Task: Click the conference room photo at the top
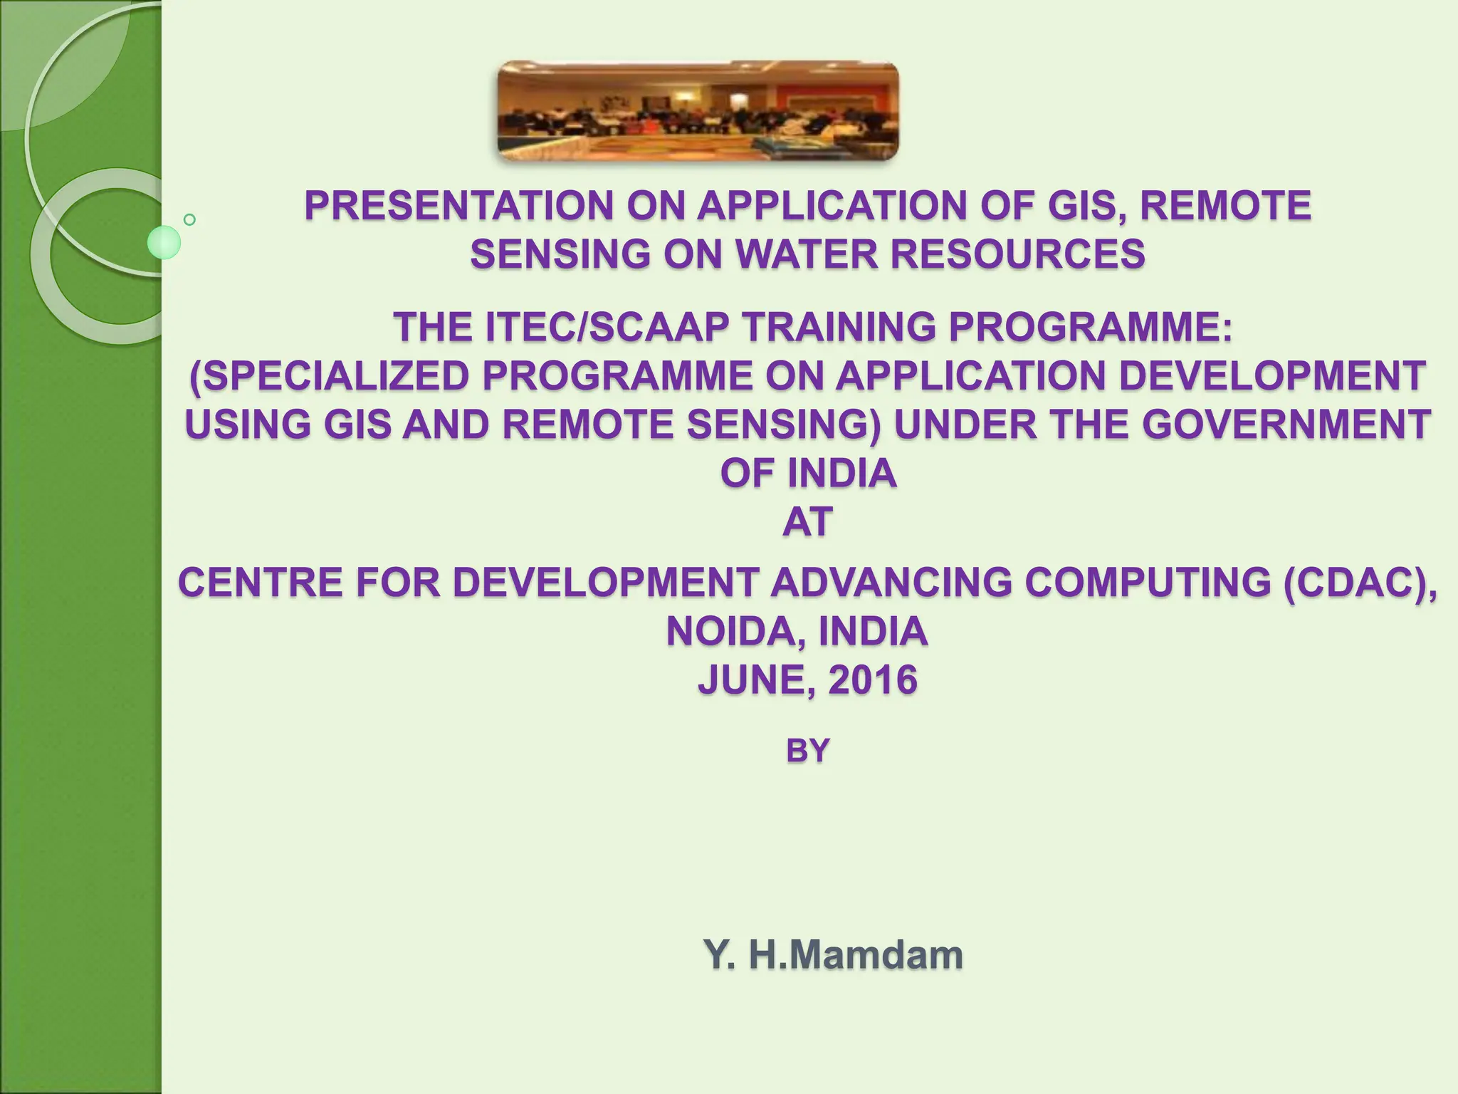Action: pos(698,111)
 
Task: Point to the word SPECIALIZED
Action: pos(330,377)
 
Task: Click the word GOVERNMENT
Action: pos(1287,425)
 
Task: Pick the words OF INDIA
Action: pos(808,474)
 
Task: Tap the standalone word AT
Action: pos(807,522)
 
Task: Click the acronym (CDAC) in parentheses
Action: pos(1359,583)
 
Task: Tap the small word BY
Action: pos(807,751)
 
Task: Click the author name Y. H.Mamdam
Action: pos(833,955)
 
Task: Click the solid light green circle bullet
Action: pos(164,243)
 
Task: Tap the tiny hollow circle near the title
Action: pos(189,219)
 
